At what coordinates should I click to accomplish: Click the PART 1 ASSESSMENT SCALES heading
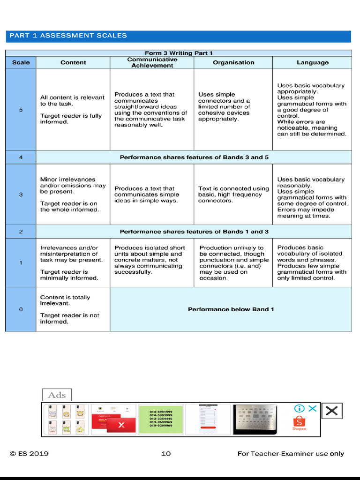pos(68,36)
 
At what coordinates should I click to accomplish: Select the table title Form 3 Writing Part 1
pos(179,53)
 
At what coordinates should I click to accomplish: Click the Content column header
pos(73,63)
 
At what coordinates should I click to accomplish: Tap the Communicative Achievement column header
pos(152,63)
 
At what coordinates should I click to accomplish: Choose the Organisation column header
pos(233,63)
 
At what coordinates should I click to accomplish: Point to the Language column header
pos(312,63)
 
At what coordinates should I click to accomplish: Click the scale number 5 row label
pos(21,110)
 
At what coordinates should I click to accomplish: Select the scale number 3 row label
pos(21,195)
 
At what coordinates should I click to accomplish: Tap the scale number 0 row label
pos(21,309)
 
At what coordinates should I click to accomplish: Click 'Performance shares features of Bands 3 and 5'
pos(194,157)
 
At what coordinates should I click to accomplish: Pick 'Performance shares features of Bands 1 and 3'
pos(194,232)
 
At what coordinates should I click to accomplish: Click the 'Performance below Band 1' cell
pos(231,309)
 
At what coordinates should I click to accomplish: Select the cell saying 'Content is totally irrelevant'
pos(73,309)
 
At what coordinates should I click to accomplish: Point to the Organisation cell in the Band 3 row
pos(233,195)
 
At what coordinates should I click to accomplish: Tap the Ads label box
pos(57,395)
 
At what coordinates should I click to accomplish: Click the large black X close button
pos(331,411)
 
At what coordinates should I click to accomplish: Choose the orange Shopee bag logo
pos(299,421)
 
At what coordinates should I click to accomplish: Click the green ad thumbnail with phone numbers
pos(161,419)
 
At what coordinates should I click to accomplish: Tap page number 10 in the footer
pos(166,454)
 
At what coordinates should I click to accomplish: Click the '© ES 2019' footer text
pos(29,454)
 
